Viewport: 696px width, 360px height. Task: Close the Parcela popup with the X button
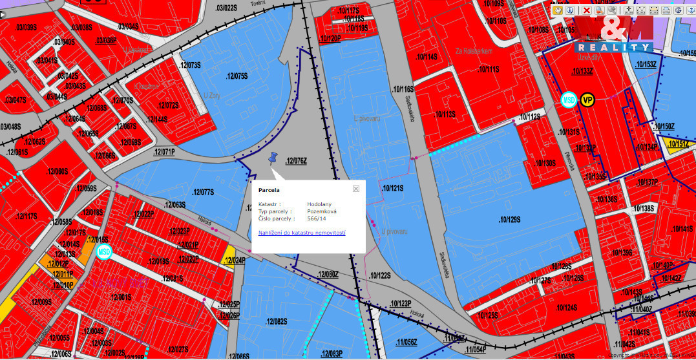pos(355,189)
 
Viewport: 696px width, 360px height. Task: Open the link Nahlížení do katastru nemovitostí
pos(302,232)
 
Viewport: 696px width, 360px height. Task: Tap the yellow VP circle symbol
pos(587,100)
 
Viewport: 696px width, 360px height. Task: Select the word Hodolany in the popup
pos(319,204)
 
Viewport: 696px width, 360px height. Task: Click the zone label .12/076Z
pos(295,161)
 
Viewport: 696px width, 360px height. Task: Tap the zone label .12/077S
pos(202,192)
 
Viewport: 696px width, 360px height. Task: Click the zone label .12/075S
pos(237,76)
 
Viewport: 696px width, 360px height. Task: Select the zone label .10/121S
pos(393,188)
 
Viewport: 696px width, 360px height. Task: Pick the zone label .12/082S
pos(275,321)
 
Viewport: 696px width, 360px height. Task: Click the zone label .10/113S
pos(445,114)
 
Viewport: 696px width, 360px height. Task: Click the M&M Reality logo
pos(614,34)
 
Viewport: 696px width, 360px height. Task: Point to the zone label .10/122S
pos(380,275)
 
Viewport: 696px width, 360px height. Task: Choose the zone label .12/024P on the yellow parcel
pos(233,261)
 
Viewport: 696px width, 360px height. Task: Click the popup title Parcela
pos(269,190)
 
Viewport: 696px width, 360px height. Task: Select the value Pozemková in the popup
pos(321,211)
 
